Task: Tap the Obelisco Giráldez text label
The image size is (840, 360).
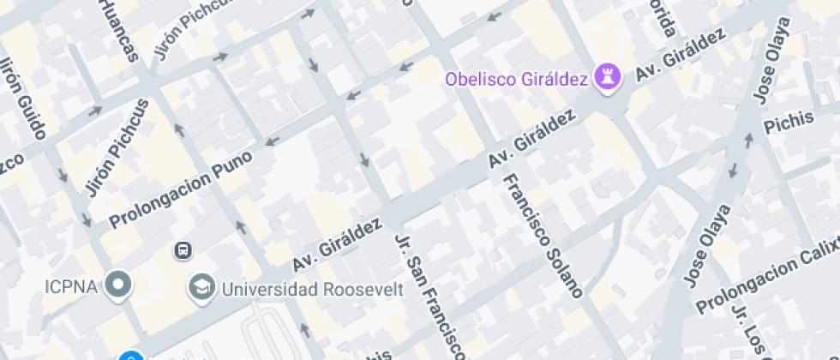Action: coord(516,80)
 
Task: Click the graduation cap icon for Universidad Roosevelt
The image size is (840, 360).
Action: coord(202,286)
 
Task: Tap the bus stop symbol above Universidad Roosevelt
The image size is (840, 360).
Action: coord(183,250)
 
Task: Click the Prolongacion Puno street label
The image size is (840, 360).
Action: coord(181,189)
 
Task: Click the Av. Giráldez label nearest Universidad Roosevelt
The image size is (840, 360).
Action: coord(337,243)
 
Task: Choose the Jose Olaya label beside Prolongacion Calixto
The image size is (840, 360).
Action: coord(708,244)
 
